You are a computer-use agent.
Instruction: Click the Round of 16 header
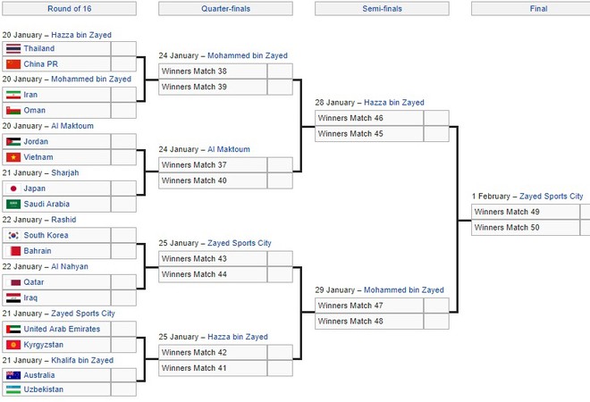(x=69, y=9)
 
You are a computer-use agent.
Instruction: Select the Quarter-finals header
(x=225, y=9)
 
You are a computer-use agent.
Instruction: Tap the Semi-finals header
(x=382, y=9)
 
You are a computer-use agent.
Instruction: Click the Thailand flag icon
(x=13, y=48)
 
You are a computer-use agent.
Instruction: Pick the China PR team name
(x=40, y=64)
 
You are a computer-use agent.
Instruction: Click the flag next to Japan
(x=13, y=188)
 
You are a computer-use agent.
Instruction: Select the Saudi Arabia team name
(x=46, y=204)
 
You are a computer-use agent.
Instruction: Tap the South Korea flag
(x=13, y=236)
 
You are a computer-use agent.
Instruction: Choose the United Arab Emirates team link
(x=62, y=329)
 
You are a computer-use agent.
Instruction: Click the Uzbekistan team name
(x=43, y=389)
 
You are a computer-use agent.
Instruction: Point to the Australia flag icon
(x=13, y=375)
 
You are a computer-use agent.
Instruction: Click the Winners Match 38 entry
(x=194, y=71)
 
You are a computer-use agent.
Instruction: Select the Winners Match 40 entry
(x=194, y=180)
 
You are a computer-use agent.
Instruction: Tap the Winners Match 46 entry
(x=350, y=118)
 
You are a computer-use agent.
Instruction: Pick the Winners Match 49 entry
(x=507, y=212)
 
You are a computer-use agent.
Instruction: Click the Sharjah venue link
(x=65, y=172)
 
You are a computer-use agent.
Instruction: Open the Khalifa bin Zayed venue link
(x=82, y=360)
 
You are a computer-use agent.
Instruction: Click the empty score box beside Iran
(x=123, y=95)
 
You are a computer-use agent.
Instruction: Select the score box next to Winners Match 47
(x=436, y=306)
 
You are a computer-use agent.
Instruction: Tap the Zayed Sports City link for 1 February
(x=551, y=197)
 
